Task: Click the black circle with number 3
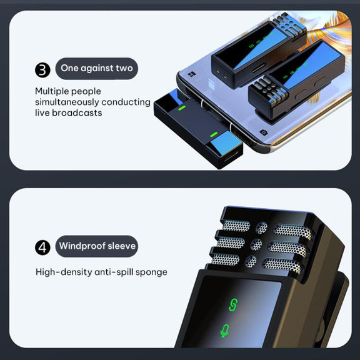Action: pyautogui.click(x=42, y=70)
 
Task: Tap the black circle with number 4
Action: pyautogui.click(x=42, y=247)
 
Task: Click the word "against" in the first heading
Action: pyautogui.click(x=97, y=68)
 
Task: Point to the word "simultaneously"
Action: pyautogui.click(x=67, y=102)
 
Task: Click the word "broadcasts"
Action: pyautogui.click(x=77, y=112)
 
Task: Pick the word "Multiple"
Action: pyautogui.click(x=52, y=91)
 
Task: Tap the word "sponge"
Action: pyautogui.click(x=151, y=272)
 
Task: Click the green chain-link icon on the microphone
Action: pyautogui.click(x=232, y=304)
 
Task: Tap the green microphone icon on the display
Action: pyautogui.click(x=225, y=331)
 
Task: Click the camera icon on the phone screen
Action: pyautogui.click(x=264, y=132)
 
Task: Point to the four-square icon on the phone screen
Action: pyautogui.click(x=191, y=74)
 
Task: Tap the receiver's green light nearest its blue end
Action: pyautogui.click(x=214, y=134)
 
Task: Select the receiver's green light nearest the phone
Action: pyautogui.click(x=182, y=108)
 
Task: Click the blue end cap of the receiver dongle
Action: pyautogui.click(x=226, y=143)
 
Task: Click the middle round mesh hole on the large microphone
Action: pyautogui.click(x=256, y=244)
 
